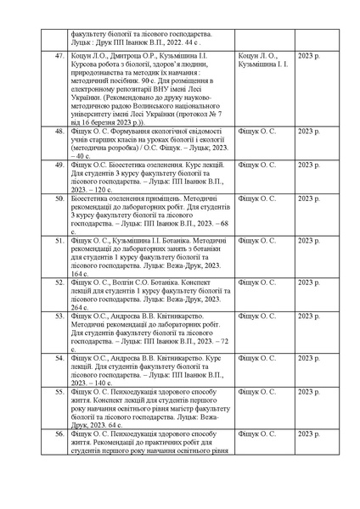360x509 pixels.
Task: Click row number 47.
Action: coord(59,55)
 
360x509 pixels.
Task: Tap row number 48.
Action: coord(59,131)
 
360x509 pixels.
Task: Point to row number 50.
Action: coord(59,198)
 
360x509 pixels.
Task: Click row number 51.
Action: coord(59,241)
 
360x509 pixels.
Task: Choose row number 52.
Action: coord(59,282)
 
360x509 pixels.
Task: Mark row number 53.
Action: coord(59,316)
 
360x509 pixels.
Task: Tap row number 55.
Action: coord(59,392)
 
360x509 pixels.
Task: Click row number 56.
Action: coord(59,433)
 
